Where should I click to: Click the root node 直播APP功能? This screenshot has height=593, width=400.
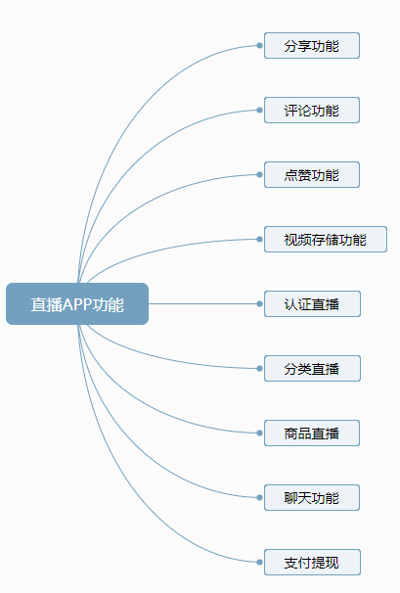[77, 304]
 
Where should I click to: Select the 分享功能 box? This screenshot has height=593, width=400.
[311, 45]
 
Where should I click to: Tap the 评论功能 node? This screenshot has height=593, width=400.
[311, 110]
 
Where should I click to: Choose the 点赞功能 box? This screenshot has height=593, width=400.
[311, 174]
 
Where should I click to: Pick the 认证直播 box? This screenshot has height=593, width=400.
[311, 303]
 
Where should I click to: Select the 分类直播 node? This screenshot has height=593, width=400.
[311, 368]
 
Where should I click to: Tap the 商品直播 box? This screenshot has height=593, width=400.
[311, 433]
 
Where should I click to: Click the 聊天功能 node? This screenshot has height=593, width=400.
[311, 497]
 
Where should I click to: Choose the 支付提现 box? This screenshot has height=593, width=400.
[311, 562]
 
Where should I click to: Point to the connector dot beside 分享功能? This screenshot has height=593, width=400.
[259, 45]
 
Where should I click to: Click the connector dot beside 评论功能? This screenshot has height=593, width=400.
[259, 110]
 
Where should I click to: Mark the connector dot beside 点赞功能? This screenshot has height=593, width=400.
[259, 174]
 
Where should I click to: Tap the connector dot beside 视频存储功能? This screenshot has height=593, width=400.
[259, 239]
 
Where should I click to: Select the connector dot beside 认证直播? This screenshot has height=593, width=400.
[259, 303]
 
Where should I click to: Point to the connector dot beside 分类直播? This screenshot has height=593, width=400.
[259, 368]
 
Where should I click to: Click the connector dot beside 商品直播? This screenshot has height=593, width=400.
[259, 433]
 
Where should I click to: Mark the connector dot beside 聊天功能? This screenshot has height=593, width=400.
[259, 497]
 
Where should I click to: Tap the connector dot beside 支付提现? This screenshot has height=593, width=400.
[259, 562]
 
